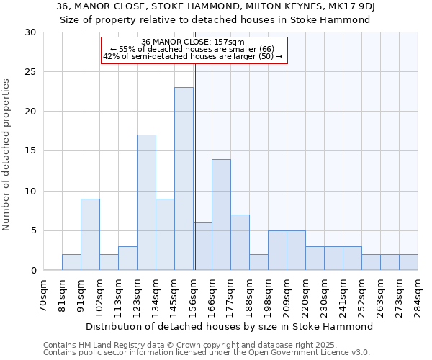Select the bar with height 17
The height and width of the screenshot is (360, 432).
coord(146,202)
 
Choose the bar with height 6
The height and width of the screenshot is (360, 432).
coord(202,246)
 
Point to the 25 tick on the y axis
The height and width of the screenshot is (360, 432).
coord(31,72)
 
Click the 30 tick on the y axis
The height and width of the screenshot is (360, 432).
coord(31,32)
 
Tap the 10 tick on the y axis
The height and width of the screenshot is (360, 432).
coord(31,192)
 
